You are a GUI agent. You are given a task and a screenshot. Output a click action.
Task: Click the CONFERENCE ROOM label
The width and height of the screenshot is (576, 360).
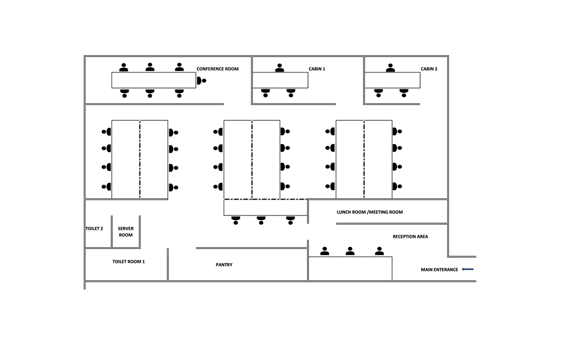coord(218,69)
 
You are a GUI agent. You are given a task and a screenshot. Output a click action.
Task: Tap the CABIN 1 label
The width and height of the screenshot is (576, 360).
coord(317,69)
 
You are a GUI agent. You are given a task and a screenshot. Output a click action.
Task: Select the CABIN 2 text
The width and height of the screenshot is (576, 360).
coord(429,69)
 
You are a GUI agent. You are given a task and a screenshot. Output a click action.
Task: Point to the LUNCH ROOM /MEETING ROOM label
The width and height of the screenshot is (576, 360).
coord(370,212)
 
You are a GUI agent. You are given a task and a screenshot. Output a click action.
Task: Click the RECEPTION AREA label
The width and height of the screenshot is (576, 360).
coord(410,237)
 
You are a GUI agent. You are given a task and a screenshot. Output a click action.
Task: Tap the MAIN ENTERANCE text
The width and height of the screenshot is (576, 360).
coord(439,269)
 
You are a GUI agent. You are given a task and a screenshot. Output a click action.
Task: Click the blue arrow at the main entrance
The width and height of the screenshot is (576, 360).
coord(467,269)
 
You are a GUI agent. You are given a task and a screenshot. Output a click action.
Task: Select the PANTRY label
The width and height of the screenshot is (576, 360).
coord(224,265)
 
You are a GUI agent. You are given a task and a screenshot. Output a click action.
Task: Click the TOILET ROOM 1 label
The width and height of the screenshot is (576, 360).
coord(129,262)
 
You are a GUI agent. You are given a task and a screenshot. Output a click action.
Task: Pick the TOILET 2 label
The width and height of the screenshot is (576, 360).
coord(94,228)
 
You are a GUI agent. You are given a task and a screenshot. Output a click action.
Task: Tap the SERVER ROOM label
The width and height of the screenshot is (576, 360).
coord(125,231)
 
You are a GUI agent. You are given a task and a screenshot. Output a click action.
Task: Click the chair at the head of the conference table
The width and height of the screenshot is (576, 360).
coord(201,80)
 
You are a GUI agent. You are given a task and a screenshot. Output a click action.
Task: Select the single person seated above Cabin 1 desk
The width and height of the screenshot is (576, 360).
coord(280,68)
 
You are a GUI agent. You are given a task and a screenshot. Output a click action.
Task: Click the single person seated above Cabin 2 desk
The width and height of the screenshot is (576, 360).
coord(391,68)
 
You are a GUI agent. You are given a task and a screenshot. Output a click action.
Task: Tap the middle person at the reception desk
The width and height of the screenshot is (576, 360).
coord(350,251)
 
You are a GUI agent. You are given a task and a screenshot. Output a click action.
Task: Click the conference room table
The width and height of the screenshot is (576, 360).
coord(154,80)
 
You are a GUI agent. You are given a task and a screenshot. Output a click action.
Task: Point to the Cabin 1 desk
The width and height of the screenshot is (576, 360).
coord(280,80)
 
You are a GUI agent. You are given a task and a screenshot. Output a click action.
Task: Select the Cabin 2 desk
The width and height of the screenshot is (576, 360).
coord(392,80)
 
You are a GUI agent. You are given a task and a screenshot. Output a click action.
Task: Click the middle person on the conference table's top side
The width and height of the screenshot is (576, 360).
coord(150,67)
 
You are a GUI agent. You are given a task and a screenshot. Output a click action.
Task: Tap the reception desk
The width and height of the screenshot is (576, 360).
coord(350,268)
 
